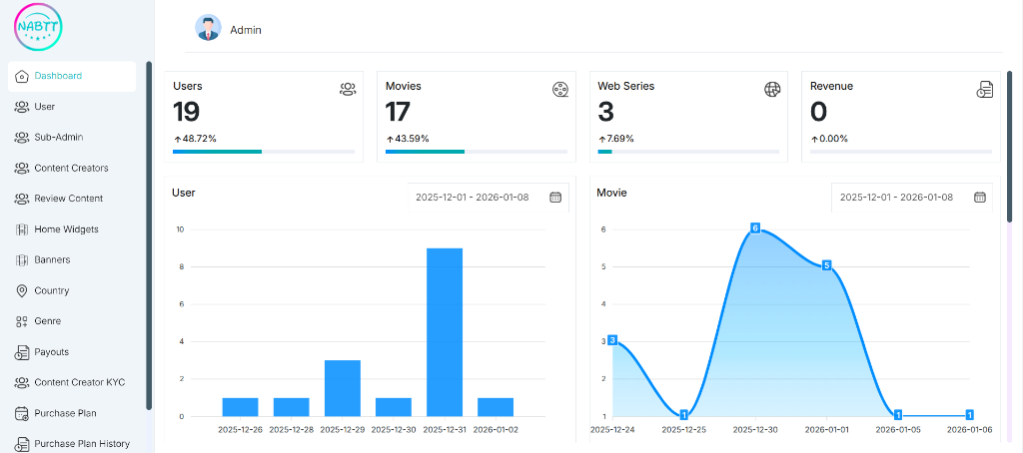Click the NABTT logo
(38, 27)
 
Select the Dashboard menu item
(58, 76)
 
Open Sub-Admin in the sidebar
(58, 138)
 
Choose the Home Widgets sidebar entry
(66, 229)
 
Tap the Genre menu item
(47, 321)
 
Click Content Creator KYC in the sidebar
(79, 382)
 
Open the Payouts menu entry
(51, 352)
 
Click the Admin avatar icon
(208, 29)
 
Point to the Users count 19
(187, 112)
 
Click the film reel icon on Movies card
(560, 90)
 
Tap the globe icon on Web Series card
(772, 89)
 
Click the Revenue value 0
(818, 112)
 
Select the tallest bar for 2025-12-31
(445, 331)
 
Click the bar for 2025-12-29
(343, 387)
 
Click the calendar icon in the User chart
(555, 198)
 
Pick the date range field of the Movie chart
(896, 198)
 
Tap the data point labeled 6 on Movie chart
(755, 228)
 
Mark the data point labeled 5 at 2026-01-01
(826, 265)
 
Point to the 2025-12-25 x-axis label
(684, 430)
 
